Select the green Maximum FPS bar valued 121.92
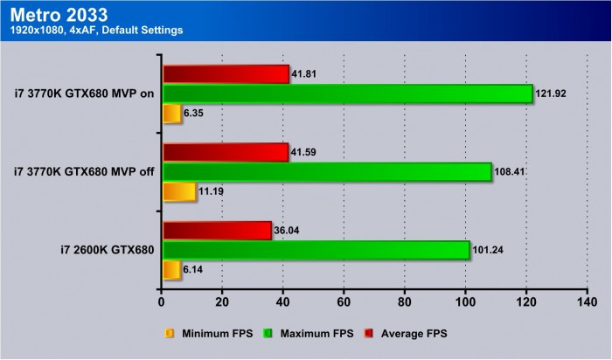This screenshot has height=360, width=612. click(347, 93)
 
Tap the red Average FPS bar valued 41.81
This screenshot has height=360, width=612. click(226, 74)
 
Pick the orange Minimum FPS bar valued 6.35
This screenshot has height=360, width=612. click(171, 113)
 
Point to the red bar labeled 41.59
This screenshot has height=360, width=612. click(225, 153)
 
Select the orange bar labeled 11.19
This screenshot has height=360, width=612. click(178, 191)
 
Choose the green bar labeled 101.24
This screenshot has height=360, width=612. click(316, 250)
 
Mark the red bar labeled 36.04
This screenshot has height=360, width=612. click(217, 231)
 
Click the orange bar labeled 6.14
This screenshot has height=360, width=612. click(170, 269)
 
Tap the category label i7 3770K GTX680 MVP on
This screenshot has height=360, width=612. click(85, 93)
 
